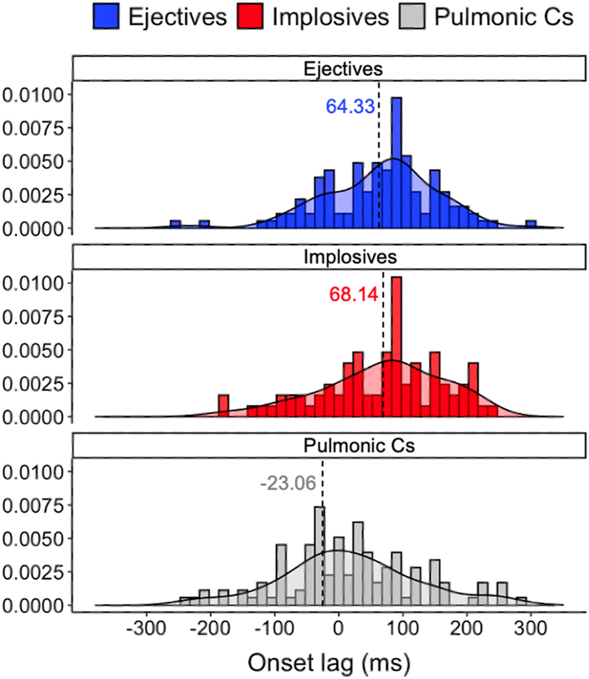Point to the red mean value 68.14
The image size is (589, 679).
(x=353, y=294)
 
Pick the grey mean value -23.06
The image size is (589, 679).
(x=288, y=483)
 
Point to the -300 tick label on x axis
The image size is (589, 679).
(x=146, y=631)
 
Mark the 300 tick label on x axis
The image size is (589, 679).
(x=531, y=631)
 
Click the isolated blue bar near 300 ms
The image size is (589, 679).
(x=531, y=225)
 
